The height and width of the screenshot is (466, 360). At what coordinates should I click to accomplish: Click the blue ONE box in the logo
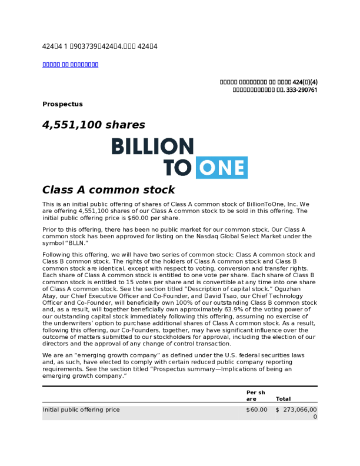tap(222, 168)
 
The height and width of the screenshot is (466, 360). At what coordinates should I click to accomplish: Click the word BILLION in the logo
tap(152, 147)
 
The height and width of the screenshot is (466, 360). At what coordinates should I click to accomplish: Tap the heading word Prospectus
tap(62, 104)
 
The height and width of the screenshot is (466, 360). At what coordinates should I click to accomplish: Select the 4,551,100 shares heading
tap(94, 125)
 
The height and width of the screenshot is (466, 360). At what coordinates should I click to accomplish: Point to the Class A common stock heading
tap(108, 190)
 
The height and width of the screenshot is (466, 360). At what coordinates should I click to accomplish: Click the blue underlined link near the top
tap(70, 64)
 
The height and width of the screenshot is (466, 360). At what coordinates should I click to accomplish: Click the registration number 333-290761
tap(299, 90)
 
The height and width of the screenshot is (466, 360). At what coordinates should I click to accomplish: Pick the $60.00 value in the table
tap(256, 410)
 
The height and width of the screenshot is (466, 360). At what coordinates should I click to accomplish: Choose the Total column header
tap(283, 399)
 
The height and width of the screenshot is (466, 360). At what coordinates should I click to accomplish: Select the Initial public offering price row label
tap(81, 410)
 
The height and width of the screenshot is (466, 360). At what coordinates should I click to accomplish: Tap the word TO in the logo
tap(177, 168)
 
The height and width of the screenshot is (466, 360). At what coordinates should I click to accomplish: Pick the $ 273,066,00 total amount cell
tap(298, 410)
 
